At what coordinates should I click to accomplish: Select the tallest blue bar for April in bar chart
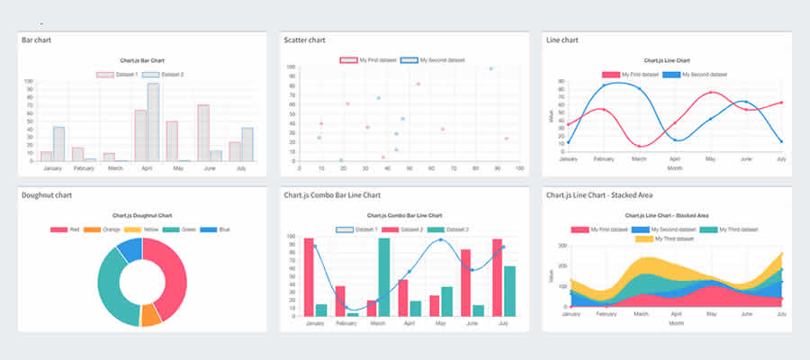pyautogui.click(x=153, y=122)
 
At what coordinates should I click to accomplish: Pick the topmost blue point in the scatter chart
pyautogui.click(x=490, y=68)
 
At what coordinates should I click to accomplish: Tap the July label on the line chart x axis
pyautogui.click(x=780, y=159)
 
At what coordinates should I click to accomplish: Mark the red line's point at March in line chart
pyautogui.click(x=639, y=146)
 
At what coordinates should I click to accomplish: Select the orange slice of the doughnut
pyautogui.click(x=151, y=315)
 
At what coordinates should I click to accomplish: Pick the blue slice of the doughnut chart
pyautogui.click(x=129, y=249)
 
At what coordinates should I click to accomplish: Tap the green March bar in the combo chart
pyautogui.click(x=384, y=277)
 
